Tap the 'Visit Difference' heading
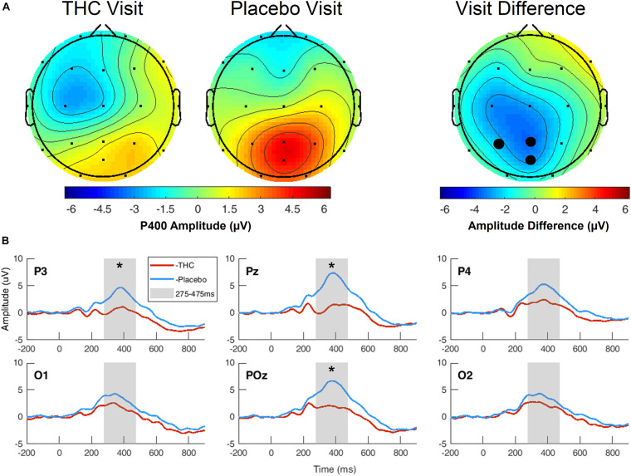coord(531,12)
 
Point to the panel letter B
coord(7,242)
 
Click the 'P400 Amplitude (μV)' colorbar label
coord(198,224)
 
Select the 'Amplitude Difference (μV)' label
coord(531,224)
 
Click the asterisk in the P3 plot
coord(120,267)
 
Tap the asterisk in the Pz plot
coord(331,267)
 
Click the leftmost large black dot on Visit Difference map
coord(498,144)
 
